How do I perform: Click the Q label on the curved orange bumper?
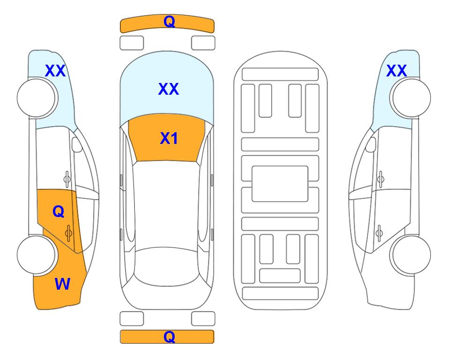tap(169, 21)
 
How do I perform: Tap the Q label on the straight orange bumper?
tap(169, 337)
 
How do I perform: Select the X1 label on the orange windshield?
tap(169, 138)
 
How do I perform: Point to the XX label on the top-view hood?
tap(169, 89)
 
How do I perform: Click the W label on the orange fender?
tap(62, 284)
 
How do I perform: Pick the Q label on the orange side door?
tap(59, 212)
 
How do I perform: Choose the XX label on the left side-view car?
tap(55, 71)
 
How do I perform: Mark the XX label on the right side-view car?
tap(396, 71)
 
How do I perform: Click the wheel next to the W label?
tap(36, 255)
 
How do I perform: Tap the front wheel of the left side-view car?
tap(37, 98)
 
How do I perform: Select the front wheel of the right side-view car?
tap(410, 98)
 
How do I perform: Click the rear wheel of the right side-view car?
tap(410, 255)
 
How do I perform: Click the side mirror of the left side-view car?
tap(77, 144)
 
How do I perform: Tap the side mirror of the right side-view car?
tap(370, 144)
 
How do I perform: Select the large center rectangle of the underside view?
tap(280, 184)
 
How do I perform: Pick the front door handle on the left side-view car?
tap(67, 179)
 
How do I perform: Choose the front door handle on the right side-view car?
tap(380, 179)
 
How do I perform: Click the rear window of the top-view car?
tap(167, 266)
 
